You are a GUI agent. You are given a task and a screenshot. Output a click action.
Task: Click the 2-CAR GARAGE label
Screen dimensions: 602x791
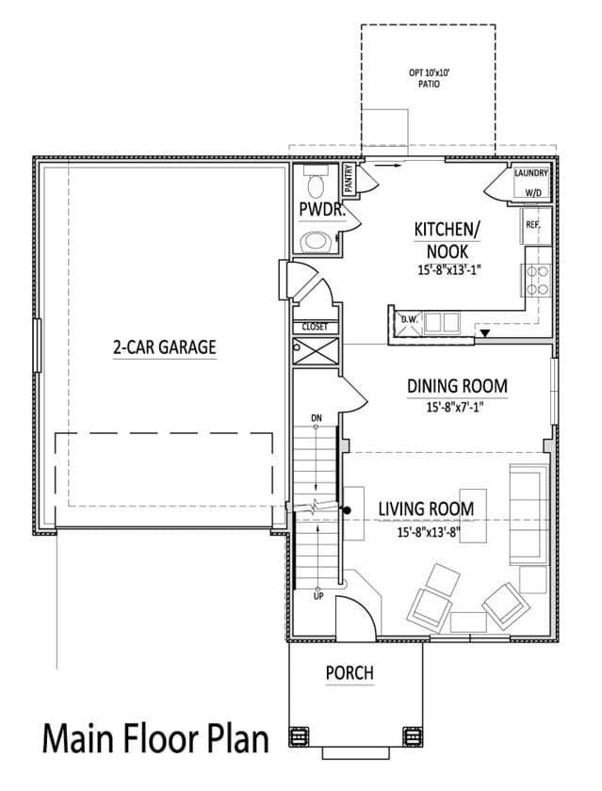[x=165, y=347]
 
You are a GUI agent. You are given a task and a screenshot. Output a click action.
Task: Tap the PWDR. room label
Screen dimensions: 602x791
[x=321, y=209]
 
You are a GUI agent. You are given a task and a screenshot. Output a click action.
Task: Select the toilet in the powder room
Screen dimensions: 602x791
[x=317, y=182]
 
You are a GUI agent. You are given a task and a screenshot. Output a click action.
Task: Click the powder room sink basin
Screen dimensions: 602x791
[x=315, y=242]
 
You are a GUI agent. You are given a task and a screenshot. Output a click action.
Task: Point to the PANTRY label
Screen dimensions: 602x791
[x=349, y=179]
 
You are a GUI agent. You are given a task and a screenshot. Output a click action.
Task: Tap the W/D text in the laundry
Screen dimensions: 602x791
[x=533, y=193]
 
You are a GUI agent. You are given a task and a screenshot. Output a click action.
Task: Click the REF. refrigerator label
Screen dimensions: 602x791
[x=533, y=225]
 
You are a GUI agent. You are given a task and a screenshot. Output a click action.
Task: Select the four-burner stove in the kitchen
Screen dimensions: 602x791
[x=537, y=281]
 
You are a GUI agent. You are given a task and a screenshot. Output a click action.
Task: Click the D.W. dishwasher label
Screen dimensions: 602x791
[x=409, y=319]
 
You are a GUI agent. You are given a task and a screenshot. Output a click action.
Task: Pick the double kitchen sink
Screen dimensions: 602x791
[x=442, y=322]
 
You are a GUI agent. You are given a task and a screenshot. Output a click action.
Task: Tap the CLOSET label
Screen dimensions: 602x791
[x=315, y=327]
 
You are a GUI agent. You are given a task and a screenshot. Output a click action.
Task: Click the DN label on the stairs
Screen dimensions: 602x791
[x=317, y=418]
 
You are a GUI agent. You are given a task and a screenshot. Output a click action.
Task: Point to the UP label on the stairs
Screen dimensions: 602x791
[x=318, y=596]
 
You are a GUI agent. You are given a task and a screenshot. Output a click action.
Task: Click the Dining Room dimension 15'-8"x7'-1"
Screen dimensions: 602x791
[x=455, y=407]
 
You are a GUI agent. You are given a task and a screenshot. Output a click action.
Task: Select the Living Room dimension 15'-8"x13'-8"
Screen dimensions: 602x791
[x=430, y=532]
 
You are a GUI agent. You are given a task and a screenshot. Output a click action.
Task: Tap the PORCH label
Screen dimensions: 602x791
[x=350, y=673]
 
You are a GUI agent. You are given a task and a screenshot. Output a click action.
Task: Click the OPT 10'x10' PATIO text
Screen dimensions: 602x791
[x=429, y=78]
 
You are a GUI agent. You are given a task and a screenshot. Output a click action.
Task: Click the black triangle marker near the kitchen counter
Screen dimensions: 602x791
[x=484, y=333]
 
